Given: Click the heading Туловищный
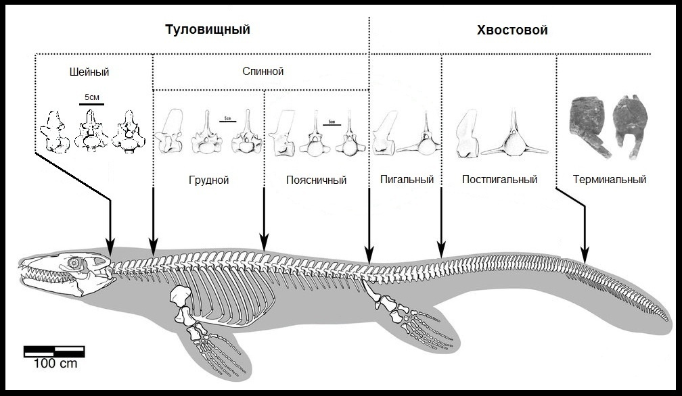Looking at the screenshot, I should pos(208,30).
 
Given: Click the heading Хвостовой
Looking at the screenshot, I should pos(512,30).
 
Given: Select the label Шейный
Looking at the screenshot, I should pos(89,72).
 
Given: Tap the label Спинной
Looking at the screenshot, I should pos(263,71).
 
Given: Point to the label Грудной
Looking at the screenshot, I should pos(208,180).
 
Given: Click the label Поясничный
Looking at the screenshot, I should pos(316,180).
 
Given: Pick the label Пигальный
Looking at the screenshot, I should pos(407,180).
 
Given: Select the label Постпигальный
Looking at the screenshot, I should pos(500,180).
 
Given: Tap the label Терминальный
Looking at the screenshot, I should pos(609,180).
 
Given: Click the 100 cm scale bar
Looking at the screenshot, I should pos(54,351).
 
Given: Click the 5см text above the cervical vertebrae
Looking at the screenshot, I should pos(91,97).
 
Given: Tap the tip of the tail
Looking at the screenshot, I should pos(677,320).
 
